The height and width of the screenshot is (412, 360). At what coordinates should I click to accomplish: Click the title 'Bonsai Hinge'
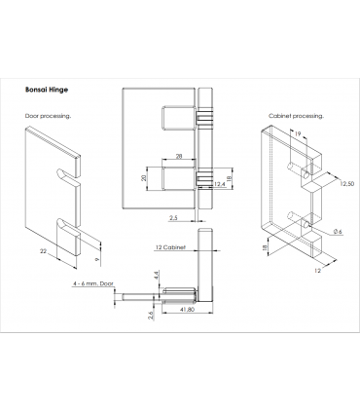coord(47,90)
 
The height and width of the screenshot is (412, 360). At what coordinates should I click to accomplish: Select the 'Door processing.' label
coord(48,116)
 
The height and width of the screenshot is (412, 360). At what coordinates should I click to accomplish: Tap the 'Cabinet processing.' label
coord(296,116)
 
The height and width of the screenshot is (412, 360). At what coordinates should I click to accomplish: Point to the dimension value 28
coord(179,156)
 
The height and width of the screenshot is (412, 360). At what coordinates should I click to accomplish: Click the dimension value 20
coord(144,177)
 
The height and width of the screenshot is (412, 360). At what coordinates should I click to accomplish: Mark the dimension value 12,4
coord(220,184)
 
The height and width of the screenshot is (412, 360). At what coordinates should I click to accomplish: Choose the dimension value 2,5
coord(173,218)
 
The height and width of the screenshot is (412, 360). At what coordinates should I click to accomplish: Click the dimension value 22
coord(44,251)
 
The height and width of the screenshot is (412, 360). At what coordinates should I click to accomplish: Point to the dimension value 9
coord(97,259)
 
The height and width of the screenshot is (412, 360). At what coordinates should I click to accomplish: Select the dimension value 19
coord(297,133)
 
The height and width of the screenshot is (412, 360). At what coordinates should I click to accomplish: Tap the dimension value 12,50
coord(346,184)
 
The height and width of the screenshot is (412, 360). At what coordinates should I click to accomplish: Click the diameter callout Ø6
coord(338,232)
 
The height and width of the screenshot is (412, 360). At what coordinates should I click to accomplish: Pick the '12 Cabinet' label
coord(170,247)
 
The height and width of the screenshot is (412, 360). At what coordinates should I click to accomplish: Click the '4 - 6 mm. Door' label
coord(93,283)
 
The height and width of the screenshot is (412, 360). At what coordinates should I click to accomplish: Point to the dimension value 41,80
coord(187,310)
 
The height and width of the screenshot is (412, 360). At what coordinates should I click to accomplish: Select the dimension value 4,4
coord(157,276)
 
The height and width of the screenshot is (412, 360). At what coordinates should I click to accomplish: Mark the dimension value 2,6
coord(151,316)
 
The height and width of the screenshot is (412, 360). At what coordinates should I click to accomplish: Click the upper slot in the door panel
coord(67,173)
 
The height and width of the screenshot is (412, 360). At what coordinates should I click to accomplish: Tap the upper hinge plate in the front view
coord(179,118)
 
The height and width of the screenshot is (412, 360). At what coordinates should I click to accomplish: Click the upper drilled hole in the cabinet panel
coord(306,175)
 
